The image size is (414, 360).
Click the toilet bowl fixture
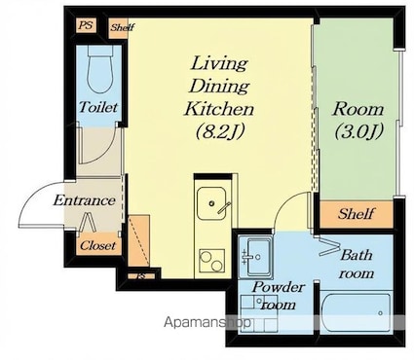99,70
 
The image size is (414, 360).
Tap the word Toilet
98,107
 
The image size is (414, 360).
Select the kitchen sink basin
211,203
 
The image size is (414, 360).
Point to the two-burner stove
211,261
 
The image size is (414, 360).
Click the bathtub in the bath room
357,312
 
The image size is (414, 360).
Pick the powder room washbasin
255,257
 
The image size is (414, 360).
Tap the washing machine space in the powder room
259,313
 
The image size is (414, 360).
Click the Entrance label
85,200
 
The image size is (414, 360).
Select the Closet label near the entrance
97,245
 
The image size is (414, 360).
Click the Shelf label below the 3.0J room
356,214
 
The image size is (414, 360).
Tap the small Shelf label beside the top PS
122,27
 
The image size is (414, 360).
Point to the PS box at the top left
87,25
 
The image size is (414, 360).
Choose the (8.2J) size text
220,131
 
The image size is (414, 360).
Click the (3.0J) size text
359,131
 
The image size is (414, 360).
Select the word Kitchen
219,109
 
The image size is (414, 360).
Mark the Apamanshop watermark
207,322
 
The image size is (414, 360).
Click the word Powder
279,287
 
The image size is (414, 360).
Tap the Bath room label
357,265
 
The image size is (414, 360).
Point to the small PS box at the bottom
141,276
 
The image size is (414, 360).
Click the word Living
219,63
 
